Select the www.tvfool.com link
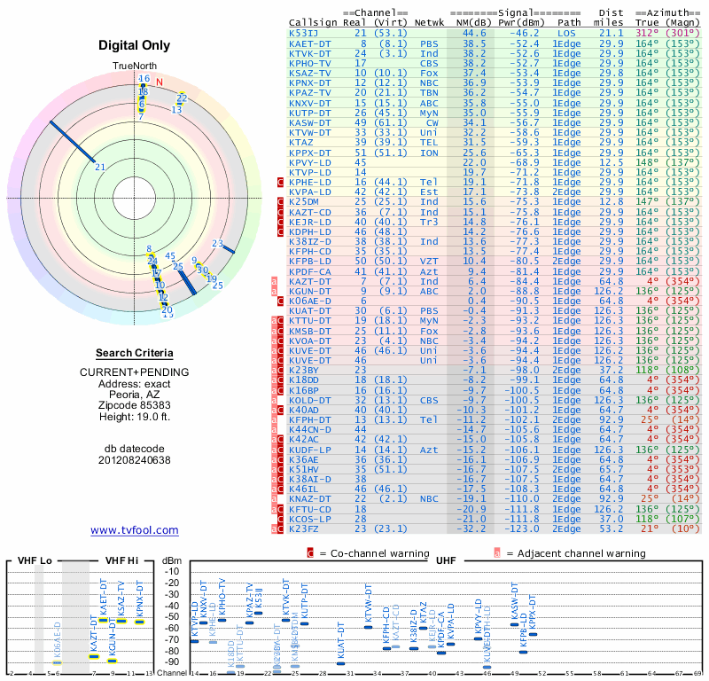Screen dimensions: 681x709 (x=134, y=530)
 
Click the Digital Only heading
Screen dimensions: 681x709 (x=134, y=45)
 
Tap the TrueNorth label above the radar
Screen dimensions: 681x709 (x=134, y=67)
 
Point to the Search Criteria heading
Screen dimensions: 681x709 (x=134, y=352)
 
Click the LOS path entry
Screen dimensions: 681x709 (x=568, y=33)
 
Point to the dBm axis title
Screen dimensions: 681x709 (x=171, y=560)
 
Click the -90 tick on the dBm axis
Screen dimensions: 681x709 (x=171, y=661)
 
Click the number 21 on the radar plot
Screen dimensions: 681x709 (x=100, y=167)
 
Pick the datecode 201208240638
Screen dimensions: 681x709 (x=134, y=459)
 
